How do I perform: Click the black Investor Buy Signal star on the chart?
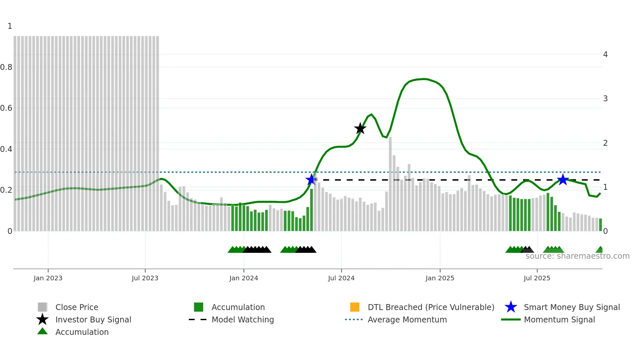click(360, 128)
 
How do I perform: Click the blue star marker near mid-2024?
click(311, 179)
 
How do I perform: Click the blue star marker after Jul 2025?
click(563, 179)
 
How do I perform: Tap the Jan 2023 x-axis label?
click(48, 278)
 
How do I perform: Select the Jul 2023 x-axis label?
click(145, 278)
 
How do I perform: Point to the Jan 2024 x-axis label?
click(244, 278)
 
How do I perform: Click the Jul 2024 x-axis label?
click(341, 278)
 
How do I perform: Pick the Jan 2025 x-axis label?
click(440, 278)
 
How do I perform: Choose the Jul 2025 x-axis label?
click(537, 278)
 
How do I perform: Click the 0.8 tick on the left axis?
click(6, 67)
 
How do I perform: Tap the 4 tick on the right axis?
click(605, 55)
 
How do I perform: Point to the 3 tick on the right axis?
click(605, 99)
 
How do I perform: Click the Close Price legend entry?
click(77, 307)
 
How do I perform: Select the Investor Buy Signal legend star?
click(42, 319)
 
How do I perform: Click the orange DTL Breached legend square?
click(355, 307)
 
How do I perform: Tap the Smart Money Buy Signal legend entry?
click(572, 307)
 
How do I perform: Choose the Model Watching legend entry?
click(243, 319)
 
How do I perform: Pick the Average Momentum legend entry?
click(407, 319)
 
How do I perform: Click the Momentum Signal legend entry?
click(559, 319)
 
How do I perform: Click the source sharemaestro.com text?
click(577, 256)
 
